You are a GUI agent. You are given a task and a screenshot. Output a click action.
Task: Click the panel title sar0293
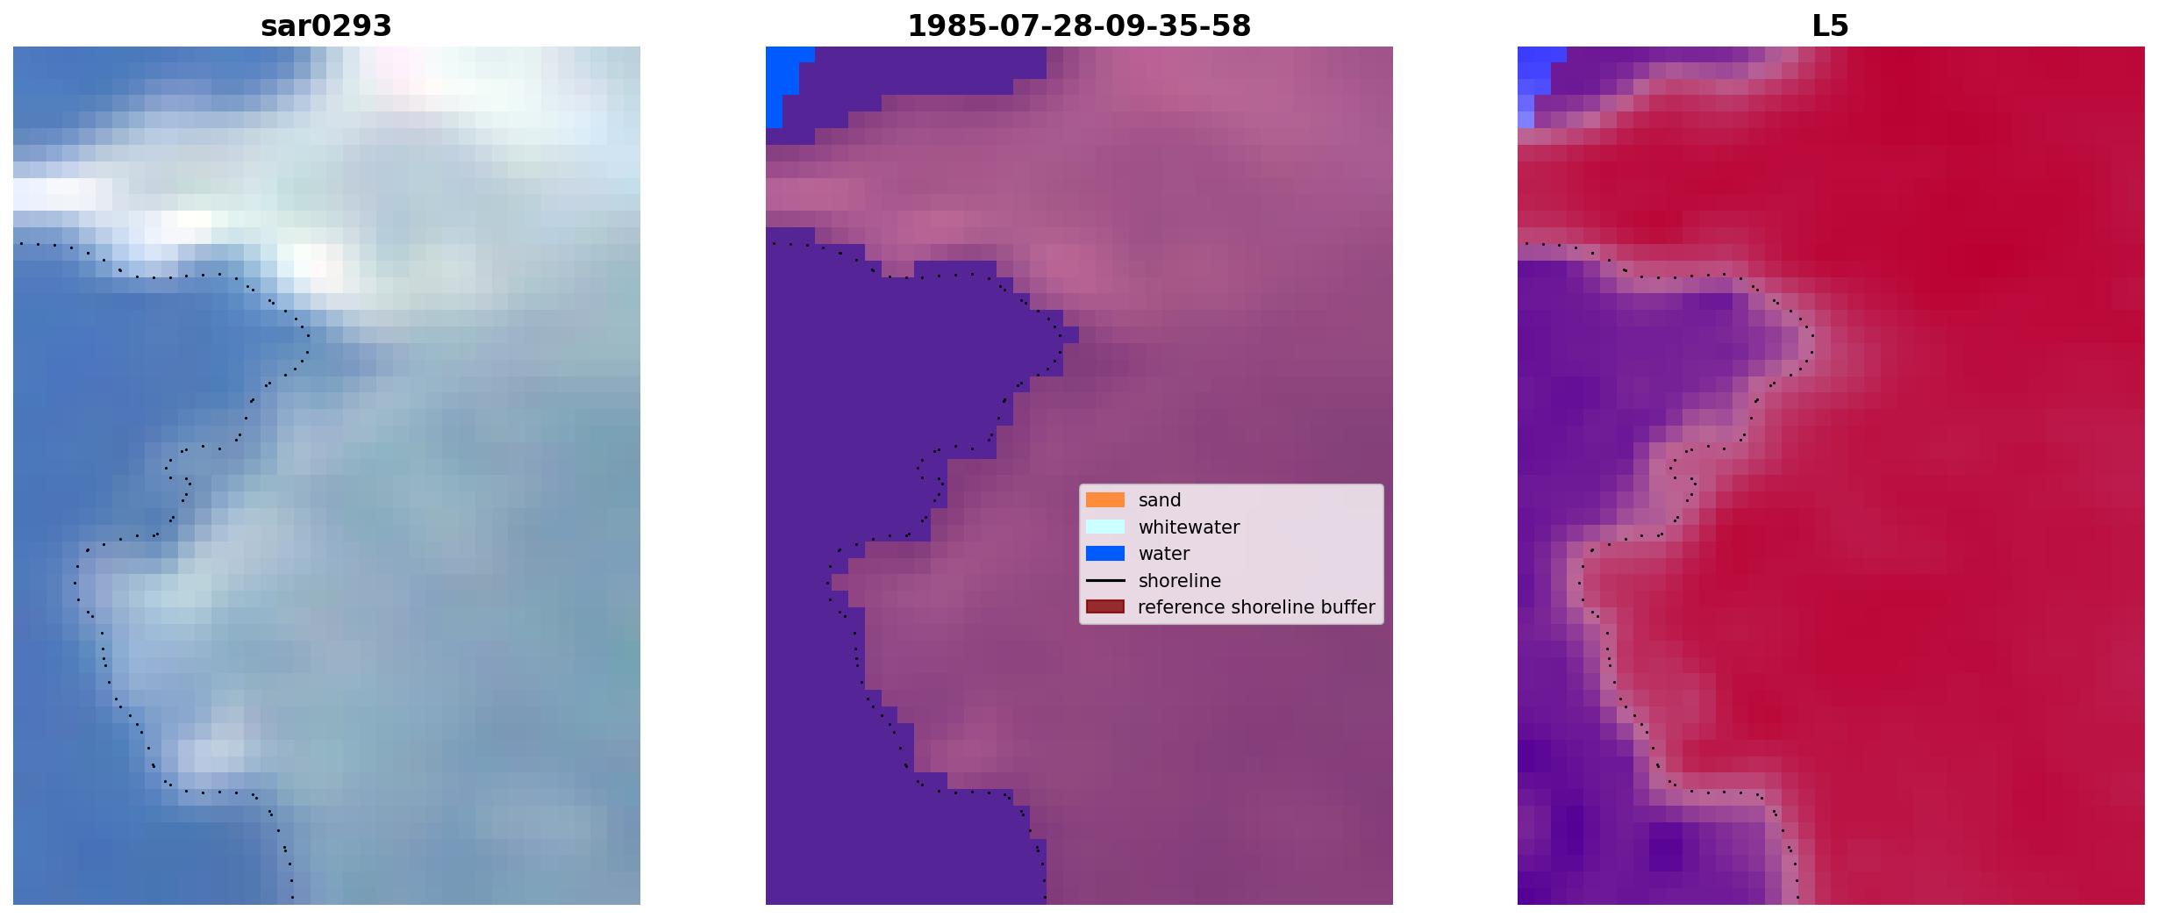coord(326,25)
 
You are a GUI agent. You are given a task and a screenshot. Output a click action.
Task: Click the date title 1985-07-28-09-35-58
coord(1079,25)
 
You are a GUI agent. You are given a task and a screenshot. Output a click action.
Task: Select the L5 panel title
coord(1831,25)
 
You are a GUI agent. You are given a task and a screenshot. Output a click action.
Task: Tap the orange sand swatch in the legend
coord(1105,500)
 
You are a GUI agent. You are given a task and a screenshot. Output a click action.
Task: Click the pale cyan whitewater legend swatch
coord(1105,527)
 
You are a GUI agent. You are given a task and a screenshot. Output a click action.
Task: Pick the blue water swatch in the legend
coord(1105,554)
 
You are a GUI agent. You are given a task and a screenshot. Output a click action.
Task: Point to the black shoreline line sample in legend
coord(1105,581)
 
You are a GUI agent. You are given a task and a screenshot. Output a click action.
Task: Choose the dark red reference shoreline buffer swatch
coord(1105,607)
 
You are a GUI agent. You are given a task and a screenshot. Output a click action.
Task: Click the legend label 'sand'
coord(1160,500)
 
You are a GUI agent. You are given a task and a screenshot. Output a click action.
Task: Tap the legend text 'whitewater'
coord(1189,527)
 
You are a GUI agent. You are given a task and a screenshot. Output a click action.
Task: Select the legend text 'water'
coord(1164,554)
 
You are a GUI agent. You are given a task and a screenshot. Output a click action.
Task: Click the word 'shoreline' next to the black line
coord(1180,581)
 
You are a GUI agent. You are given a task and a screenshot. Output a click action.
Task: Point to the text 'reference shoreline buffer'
coord(1256,607)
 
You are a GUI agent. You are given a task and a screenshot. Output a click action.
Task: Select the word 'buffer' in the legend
coord(1347,607)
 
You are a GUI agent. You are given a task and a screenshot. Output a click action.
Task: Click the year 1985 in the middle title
coord(939,25)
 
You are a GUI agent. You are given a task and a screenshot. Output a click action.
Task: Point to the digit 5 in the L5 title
coord(1840,25)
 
